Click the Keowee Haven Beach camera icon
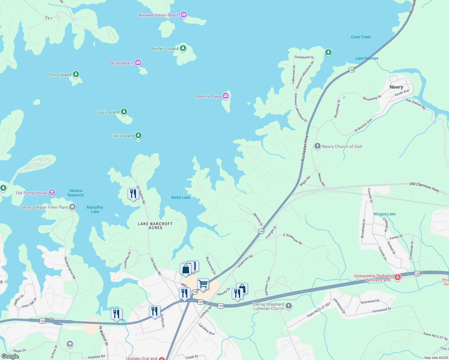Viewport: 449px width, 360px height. pos(184,14)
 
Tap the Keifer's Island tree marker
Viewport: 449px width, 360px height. pos(183,48)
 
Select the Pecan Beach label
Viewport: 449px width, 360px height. pos(121,63)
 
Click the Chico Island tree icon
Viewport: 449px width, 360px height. pos(76,74)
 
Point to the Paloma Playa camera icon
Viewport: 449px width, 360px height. pos(226,96)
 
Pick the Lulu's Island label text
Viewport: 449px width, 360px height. pos(108,112)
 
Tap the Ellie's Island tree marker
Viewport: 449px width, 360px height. pos(138,135)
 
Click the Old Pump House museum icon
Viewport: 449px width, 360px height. pos(52,192)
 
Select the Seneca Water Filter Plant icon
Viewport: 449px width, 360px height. pos(72,207)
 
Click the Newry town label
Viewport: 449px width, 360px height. pos(396,87)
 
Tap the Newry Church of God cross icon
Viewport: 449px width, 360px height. pos(317,146)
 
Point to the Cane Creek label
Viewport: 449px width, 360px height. pos(361,37)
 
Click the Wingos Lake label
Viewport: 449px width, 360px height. pos(384,214)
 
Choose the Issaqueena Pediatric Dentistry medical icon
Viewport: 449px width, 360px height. pos(398,277)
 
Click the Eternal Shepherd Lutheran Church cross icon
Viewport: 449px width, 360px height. pos(288,306)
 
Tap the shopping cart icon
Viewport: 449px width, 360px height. pos(203,284)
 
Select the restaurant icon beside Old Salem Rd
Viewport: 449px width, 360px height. pos(133,194)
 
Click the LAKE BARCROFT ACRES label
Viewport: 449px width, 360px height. pos(155,226)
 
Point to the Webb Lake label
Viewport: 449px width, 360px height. pos(180,197)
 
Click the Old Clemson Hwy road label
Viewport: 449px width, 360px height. pos(424,186)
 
